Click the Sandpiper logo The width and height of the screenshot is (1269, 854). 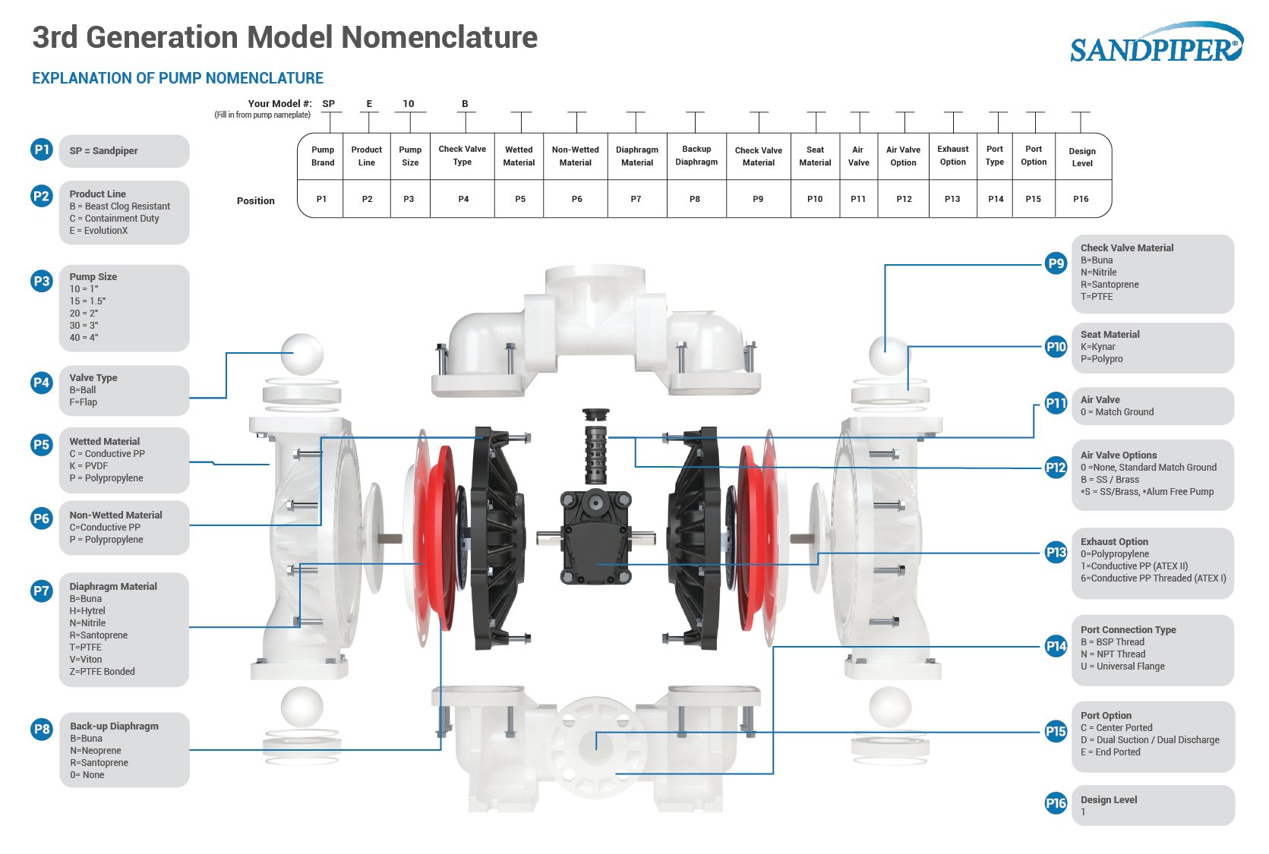click(x=1156, y=45)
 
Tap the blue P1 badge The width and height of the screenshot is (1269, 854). click(x=41, y=150)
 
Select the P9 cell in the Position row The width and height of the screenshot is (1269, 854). click(x=758, y=199)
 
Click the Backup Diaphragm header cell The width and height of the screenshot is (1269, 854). click(x=696, y=156)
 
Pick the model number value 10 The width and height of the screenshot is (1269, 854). click(x=409, y=104)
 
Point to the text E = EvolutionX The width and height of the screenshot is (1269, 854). click(x=99, y=231)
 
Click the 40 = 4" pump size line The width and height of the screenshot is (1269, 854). click(x=84, y=338)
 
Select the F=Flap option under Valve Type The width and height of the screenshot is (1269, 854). click(x=84, y=402)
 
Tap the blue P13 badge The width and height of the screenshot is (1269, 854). click(x=1056, y=553)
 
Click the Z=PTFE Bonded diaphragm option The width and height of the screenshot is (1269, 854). click(x=103, y=672)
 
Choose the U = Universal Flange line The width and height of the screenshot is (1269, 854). click(x=1122, y=666)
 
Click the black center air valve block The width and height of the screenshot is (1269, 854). click(x=596, y=535)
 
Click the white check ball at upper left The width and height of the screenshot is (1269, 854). click(x=301, y=353)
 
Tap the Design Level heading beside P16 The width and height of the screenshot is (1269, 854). click(x=1109, y=800)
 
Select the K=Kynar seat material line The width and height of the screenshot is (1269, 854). click(x=1098, y=347)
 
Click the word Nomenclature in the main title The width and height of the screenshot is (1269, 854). click(x=440, y=37)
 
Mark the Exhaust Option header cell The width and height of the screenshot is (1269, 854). click(x=952, y=156)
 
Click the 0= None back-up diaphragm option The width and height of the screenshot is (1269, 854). click(x=87, y=775)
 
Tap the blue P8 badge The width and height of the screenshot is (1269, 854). click(x=41, y=730)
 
